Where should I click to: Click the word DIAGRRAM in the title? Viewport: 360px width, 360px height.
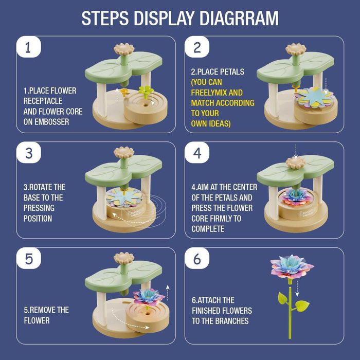239,18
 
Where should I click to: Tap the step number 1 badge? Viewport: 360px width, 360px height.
29,47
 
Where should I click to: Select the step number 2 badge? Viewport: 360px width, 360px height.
197,47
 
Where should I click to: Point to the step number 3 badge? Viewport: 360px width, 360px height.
29,153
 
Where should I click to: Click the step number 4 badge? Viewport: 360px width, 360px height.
197,153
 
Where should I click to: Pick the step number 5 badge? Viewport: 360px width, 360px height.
29,258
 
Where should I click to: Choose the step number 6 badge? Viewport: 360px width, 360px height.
197,258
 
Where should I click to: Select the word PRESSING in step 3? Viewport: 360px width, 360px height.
39,208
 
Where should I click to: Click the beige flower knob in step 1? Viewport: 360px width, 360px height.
124,49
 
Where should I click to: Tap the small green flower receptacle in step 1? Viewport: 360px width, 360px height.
146,91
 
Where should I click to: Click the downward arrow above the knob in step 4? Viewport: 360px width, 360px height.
296,151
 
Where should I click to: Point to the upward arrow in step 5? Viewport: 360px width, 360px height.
168,293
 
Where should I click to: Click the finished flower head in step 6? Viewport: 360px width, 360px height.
291,267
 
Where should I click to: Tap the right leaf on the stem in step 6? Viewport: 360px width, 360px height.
302,306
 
